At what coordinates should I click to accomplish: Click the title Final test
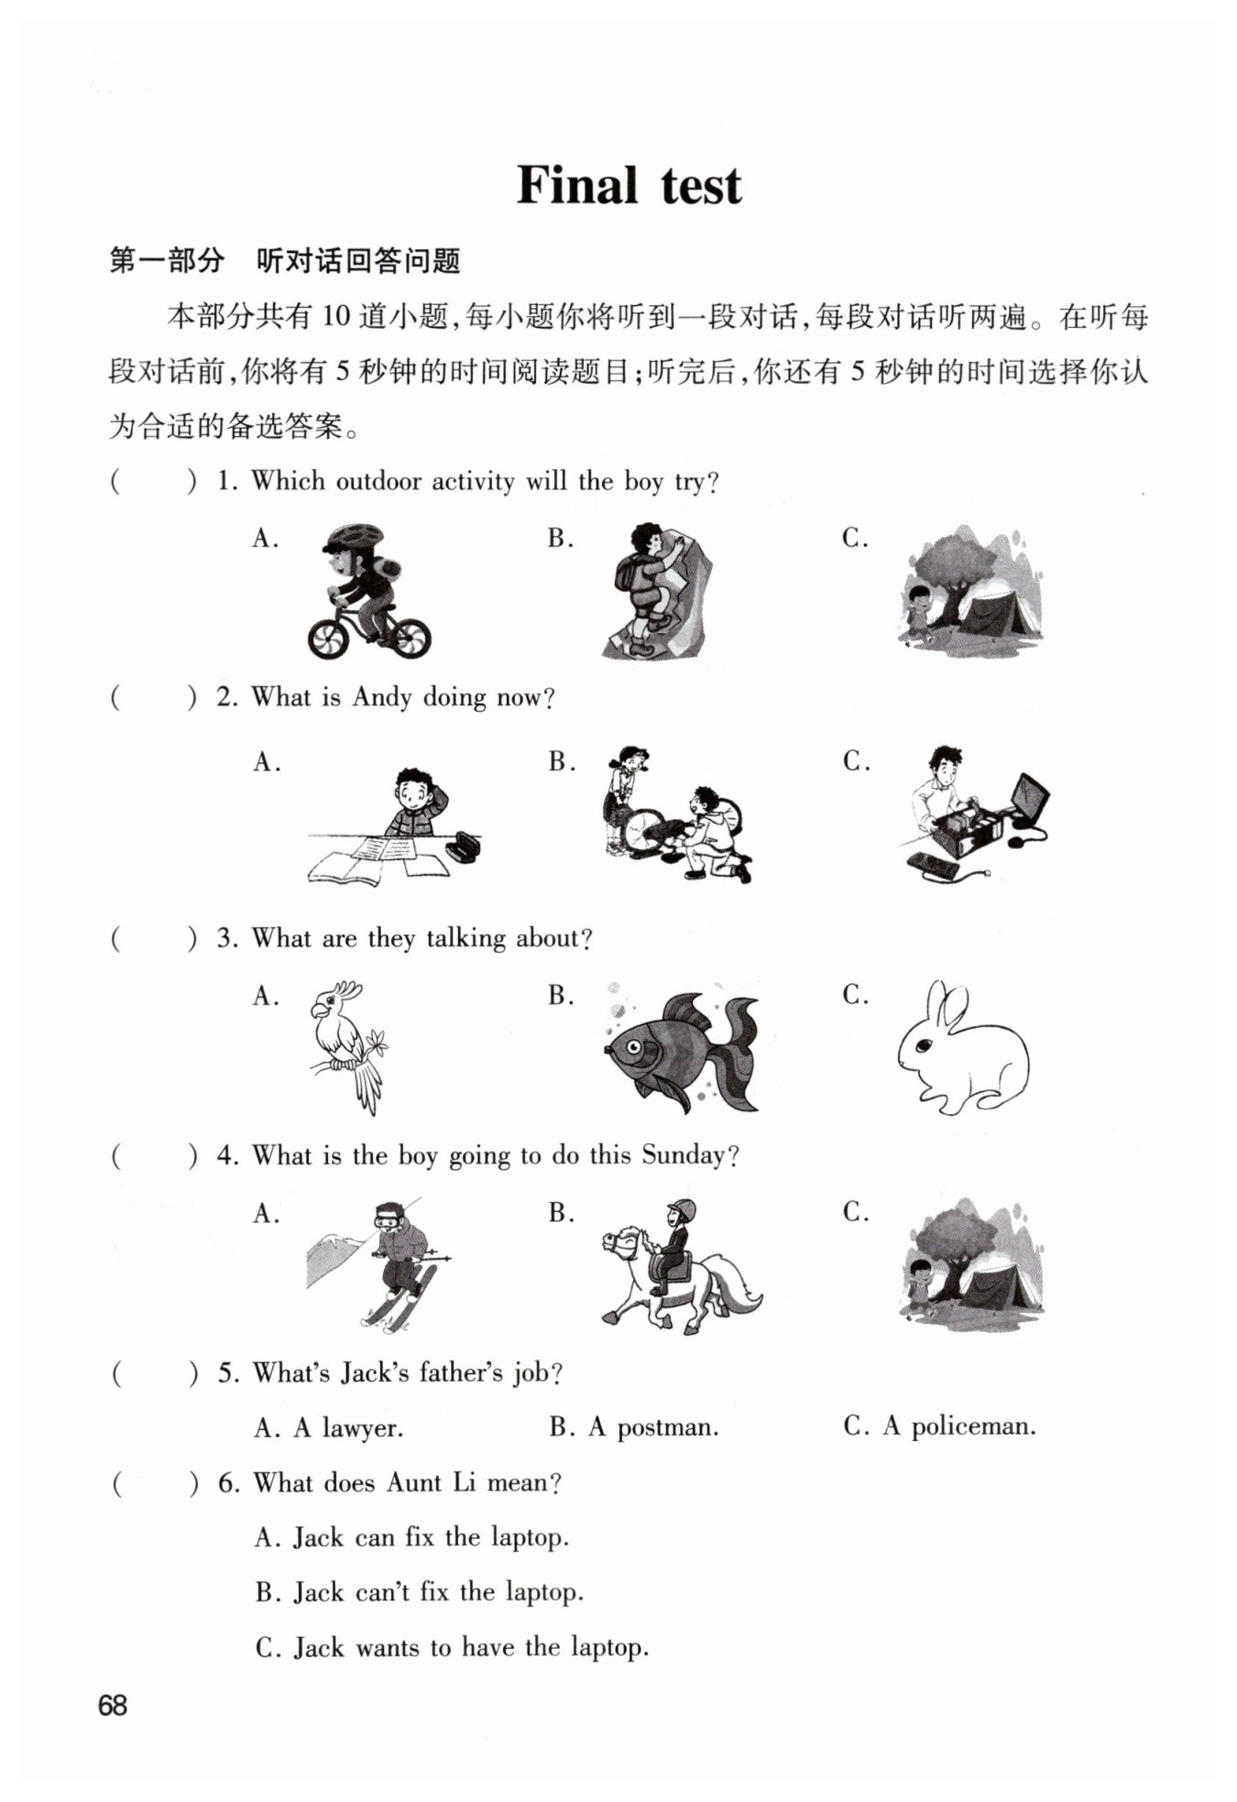click(x=629, y=186)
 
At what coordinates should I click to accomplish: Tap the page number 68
click(x=113, y=1705)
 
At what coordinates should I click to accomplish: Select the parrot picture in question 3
click(x=346, y=1047)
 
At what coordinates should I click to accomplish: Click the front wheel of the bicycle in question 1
click(x=328, y=638)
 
